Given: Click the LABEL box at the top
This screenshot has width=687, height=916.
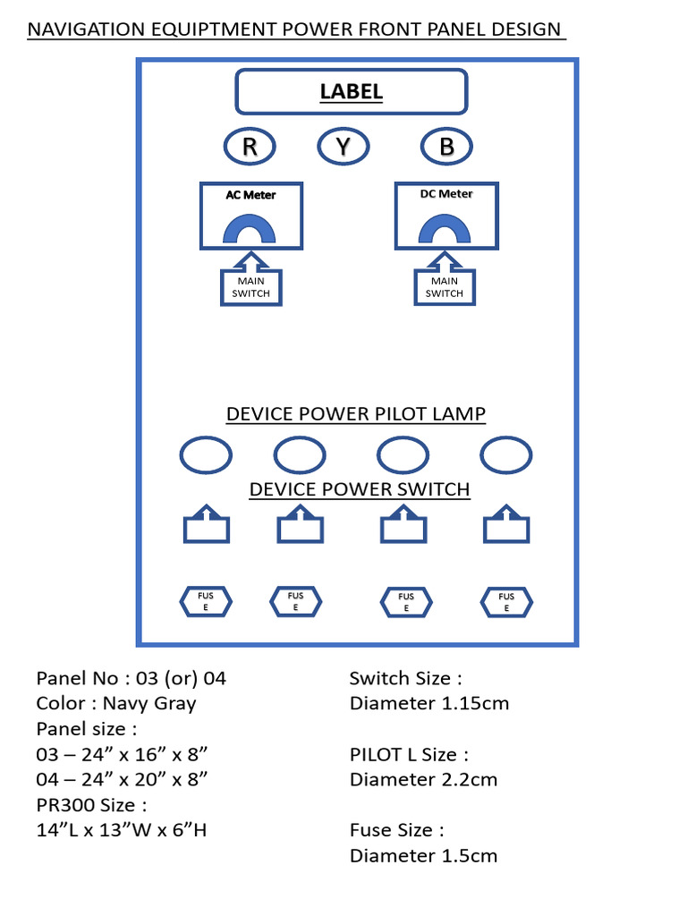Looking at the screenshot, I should (x=351, y=91).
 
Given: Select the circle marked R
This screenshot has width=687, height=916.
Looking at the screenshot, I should (x=250, y=147).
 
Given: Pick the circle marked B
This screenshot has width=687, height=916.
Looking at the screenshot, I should (x=446, y=147).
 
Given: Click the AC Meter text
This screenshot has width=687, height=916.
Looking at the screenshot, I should (x=250, y=195).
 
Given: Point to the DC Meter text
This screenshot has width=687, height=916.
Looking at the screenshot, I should (x=446, y=194).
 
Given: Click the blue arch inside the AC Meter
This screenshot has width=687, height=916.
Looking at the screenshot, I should (x=249, y=230).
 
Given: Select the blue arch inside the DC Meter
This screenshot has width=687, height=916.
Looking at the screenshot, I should (x=445, y=230).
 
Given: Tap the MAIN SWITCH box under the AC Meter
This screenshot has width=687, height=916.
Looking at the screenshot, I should (x=250, y=288).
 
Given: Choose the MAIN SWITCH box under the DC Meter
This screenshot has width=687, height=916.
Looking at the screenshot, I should (x=445, y=288).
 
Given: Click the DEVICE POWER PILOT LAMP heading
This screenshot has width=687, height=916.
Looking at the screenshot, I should (x=356, y=414).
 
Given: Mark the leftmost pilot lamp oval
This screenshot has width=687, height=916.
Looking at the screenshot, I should (x=207, y=455).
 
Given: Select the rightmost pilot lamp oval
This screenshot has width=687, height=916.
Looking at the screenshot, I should (x=506, y=455).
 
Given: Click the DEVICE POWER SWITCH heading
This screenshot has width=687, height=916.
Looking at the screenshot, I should (x=360, y=489).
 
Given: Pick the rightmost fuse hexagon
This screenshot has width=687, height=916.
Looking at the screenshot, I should (x=506, y=602).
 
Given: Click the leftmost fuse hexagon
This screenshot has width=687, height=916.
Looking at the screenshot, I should (x=207, y=602).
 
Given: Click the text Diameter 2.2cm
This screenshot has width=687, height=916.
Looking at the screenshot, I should (x=423, y=779).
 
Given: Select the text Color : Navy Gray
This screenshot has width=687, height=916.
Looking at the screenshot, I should (x=116, y=703).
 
